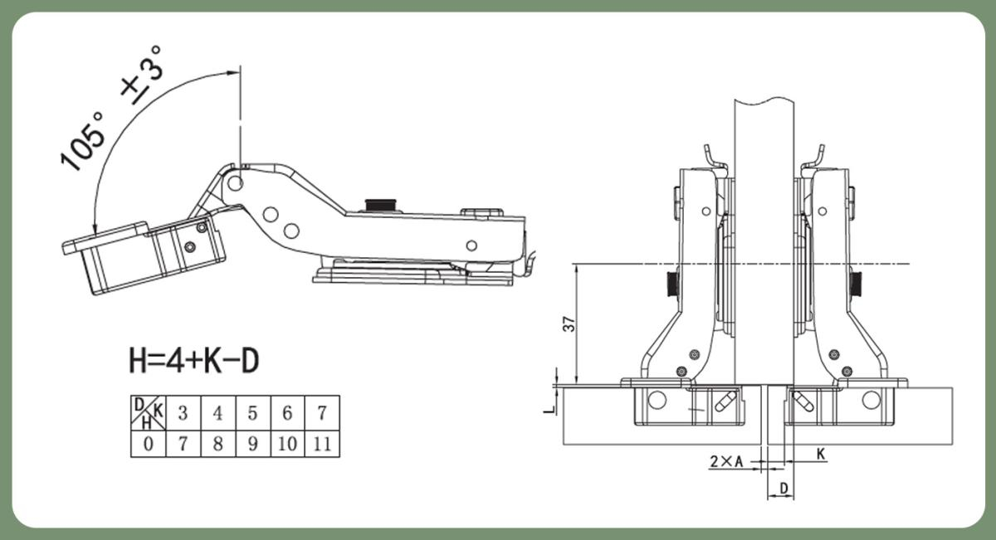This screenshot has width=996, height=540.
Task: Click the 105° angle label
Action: click(x=83, y=141)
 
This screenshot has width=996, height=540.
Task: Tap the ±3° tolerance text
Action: click(x=141, y=75)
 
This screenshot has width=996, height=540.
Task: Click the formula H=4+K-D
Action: click(x=194, y=361)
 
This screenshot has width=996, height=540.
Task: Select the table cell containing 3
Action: click(x=183, y=413)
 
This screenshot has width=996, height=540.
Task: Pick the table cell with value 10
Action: click(x=288, y=444)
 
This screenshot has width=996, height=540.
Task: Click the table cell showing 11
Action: click(x=322, y=444)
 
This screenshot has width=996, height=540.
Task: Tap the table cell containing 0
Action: click(x=149, y=444)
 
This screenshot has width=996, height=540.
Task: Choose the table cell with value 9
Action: click(x=253, y=444)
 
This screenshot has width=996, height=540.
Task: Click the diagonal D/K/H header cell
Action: click(x=149, y=413)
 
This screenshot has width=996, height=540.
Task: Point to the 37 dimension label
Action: click(x=569, y=324)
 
